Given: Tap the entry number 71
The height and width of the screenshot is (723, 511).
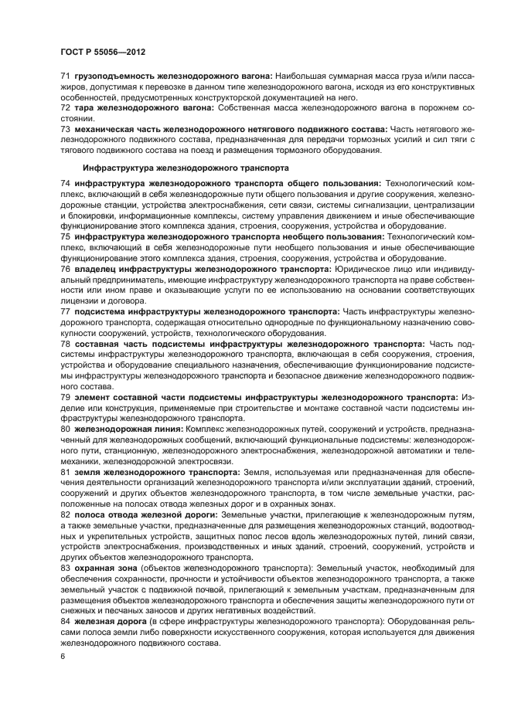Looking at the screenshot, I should (x=65, y=76).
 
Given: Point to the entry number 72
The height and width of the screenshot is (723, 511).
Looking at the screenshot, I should (x=65, y=109).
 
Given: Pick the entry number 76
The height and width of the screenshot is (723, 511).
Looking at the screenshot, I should (x=65, y=268).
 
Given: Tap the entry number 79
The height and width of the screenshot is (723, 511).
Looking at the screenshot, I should (x=65, y=397).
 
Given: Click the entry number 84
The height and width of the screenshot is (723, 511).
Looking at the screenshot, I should (x=65, y=623).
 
